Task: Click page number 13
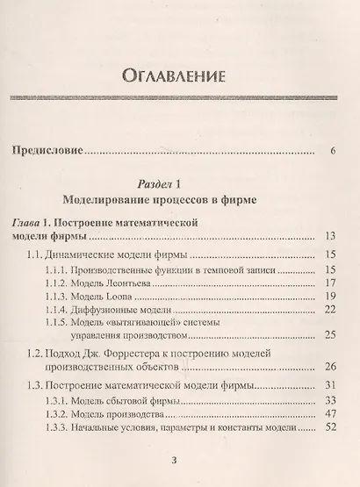click(330, 236)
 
